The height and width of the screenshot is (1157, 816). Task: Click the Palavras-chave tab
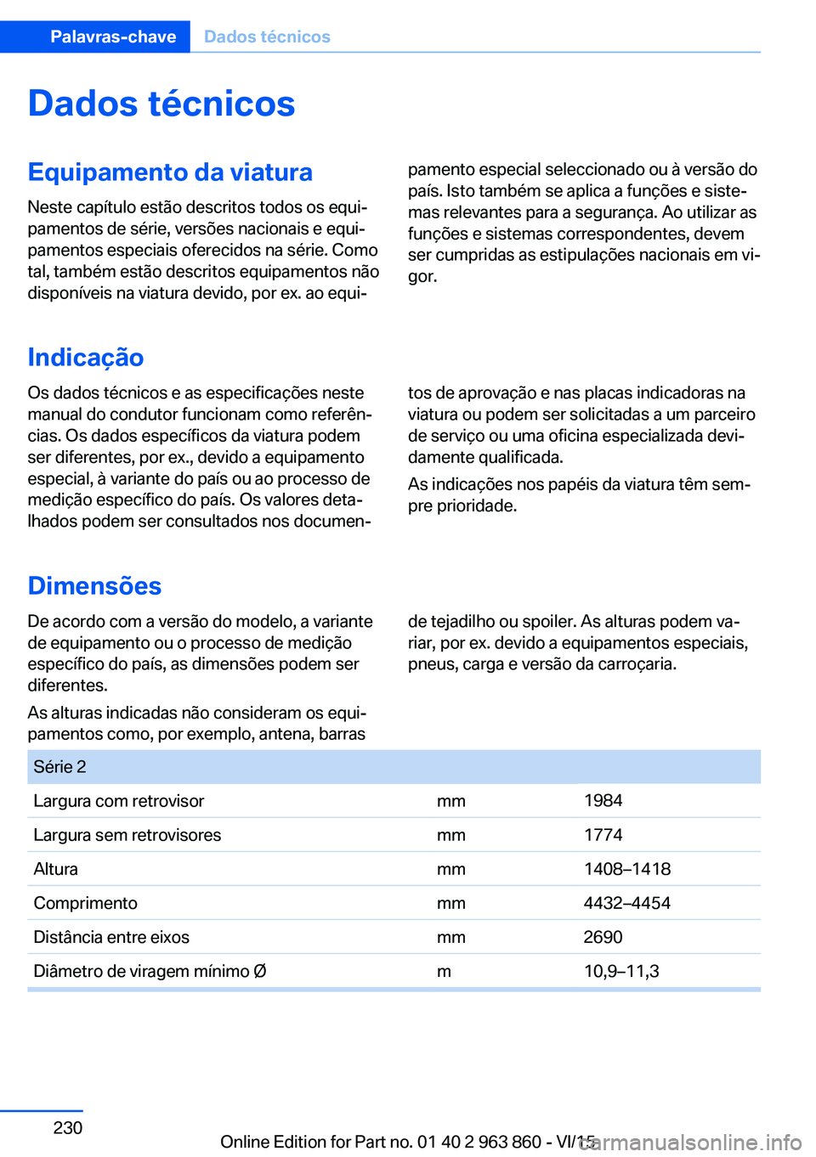[113, 37]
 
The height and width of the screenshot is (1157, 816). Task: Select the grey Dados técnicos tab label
[267, 37]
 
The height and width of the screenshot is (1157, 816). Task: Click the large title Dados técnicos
[161, 104]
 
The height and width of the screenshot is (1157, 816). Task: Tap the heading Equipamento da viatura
[170, 172]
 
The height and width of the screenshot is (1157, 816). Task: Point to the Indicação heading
[86, 358]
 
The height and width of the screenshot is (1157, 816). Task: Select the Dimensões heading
[94, 586]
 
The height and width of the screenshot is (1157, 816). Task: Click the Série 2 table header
[59, 767]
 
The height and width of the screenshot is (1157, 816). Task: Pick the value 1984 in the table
[603, 801]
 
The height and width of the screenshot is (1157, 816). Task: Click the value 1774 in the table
[603, 835]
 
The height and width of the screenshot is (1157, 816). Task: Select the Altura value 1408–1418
[626, 869]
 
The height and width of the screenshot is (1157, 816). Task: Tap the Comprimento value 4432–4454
[626, 903]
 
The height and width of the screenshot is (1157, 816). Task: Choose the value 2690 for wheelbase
[603, 937]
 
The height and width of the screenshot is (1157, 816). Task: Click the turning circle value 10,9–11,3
[621, 971]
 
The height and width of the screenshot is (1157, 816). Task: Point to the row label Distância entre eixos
[111, 937]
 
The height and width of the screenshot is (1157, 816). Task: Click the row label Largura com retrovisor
[119, 801]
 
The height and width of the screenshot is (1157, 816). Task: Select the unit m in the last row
[444, 971]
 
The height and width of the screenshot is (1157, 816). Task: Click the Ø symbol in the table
[260, 971]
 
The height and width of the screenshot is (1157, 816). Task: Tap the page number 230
[68, 1128]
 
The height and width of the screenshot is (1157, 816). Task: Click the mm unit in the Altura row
[450, 869]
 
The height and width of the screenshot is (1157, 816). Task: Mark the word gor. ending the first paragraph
[422, 276]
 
